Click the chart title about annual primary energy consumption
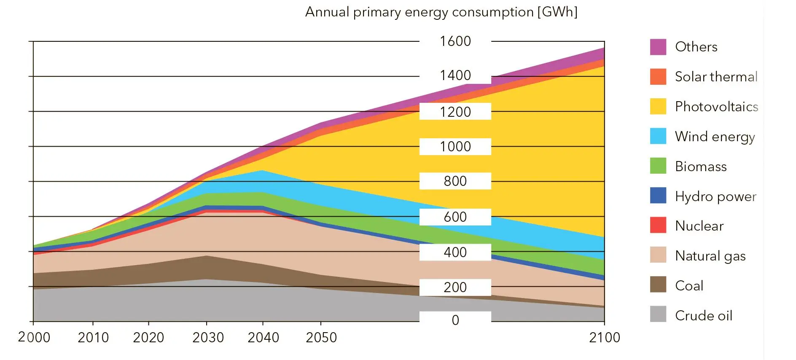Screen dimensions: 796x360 click(441, 12)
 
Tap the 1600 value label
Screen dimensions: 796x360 click(455, 41)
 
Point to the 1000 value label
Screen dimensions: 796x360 click(455, 147)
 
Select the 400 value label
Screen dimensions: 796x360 click(455, 253)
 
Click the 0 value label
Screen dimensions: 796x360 click(455, 320)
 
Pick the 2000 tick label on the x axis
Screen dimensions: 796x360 click(34, 338)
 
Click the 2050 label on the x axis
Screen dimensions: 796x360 click(321, 338)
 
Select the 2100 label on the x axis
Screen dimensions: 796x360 click(605, 338)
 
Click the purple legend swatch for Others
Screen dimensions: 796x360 click(658, 47)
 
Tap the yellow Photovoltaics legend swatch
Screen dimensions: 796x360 click(658, 106)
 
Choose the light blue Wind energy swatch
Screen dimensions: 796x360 click(658, 136)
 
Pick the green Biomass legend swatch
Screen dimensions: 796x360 click(658, 166)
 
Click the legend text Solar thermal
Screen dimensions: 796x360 click(716, 77)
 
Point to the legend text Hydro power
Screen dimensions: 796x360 click(716, 196)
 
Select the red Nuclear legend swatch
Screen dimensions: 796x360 click(658, 225)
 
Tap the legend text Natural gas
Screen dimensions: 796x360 click(710, 256)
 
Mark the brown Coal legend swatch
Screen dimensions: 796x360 click(658, 285)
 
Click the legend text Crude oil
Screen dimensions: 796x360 click(704, 316)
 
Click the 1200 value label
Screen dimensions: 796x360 click(455, 112)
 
